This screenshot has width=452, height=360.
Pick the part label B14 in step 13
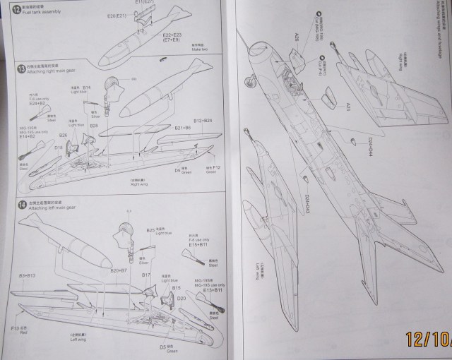tap(86, 88)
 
